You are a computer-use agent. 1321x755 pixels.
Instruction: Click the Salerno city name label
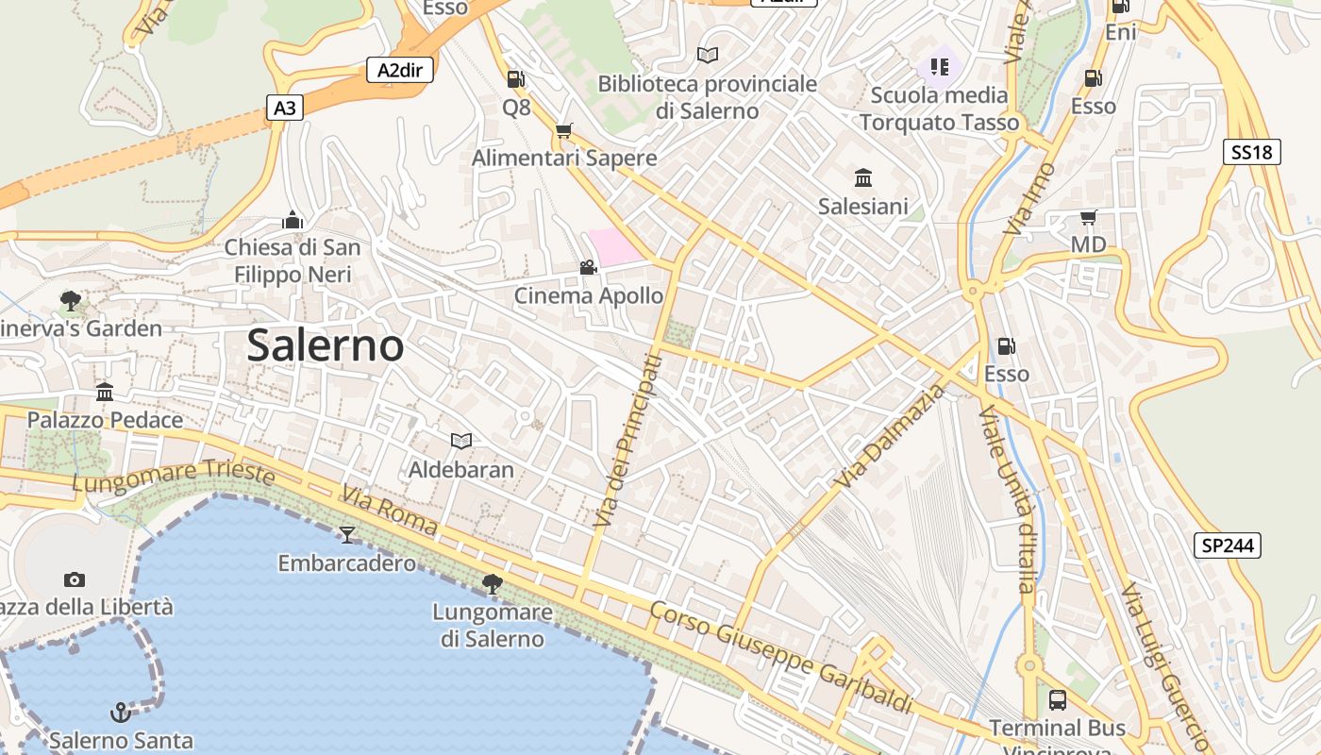(325, 345)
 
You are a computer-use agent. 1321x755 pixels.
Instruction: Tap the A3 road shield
(284, 109)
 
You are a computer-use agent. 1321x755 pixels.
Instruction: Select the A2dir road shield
(399, 70)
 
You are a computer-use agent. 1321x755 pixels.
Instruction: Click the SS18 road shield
(1251, 152)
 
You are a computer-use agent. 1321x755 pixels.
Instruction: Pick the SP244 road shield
(1227, 545)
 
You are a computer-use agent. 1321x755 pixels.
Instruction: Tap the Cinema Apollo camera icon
(588, 268)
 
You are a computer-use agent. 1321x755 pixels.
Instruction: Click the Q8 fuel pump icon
(515, 79)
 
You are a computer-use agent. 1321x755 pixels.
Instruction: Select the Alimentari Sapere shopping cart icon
(563, 130)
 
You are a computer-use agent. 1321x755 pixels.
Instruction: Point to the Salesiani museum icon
(862, 177)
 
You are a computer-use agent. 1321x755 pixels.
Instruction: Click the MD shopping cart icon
(1088, 218)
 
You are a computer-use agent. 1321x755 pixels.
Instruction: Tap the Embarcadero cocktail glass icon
(347, 535)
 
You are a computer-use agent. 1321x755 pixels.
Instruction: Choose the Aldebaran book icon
(460, 441)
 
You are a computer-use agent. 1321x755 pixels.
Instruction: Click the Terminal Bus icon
(1057, 700)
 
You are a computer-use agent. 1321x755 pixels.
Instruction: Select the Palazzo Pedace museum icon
(105, 392)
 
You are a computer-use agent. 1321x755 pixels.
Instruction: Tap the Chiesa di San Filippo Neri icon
(293, 220)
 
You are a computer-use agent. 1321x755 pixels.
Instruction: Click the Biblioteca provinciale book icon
(707, 55)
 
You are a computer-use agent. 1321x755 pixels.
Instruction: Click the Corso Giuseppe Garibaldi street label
(781, 657)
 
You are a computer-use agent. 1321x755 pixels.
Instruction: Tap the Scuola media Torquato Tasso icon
(939, 66)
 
